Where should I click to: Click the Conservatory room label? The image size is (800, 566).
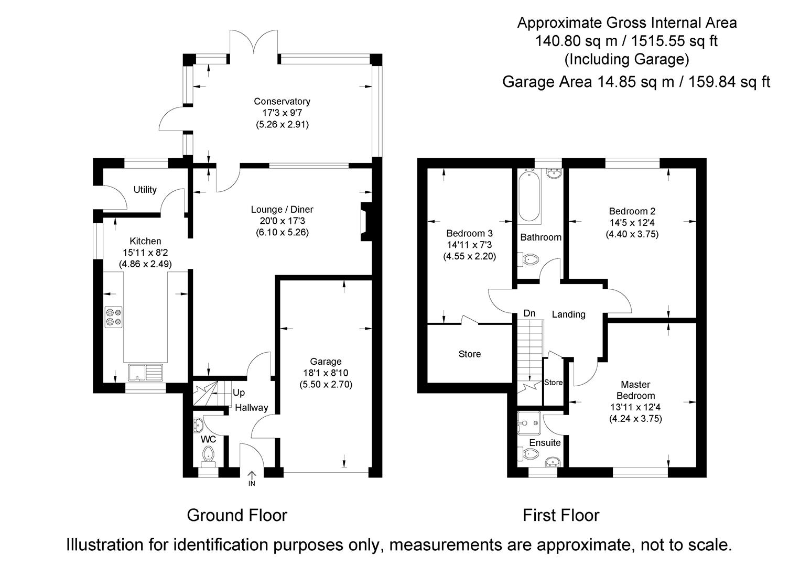click(x=282, y=102)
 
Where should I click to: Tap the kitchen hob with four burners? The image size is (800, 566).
click(x=114, y=317)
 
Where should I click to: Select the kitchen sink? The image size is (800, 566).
click(x=145, y=373)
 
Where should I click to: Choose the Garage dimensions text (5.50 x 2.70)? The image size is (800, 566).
click(x=326, y=385)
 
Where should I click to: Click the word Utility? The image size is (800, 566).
click(x=145, y=190)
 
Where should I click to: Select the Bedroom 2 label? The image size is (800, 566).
click(x=632, y=211)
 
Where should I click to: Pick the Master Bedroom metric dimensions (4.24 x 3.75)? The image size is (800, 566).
click(x=635, y=419)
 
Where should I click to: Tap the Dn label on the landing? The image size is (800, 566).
click(x=529, y=313)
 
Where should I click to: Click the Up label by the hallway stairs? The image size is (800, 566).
click(x=239, y=393)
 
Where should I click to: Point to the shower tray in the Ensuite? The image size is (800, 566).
click(x=529, y=423)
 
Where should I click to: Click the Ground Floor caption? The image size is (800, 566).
click(x=237, y=515)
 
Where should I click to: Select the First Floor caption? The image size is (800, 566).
click(x=561, y=515)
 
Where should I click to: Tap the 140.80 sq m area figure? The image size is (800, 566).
click(x=576, y=41)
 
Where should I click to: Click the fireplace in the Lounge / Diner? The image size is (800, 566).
click(x=366, y=222)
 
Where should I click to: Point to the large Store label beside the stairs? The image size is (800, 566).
click(x=469, y=354)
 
